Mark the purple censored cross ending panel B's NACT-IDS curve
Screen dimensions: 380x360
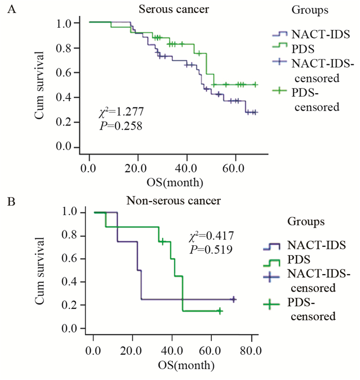click(233, 299)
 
